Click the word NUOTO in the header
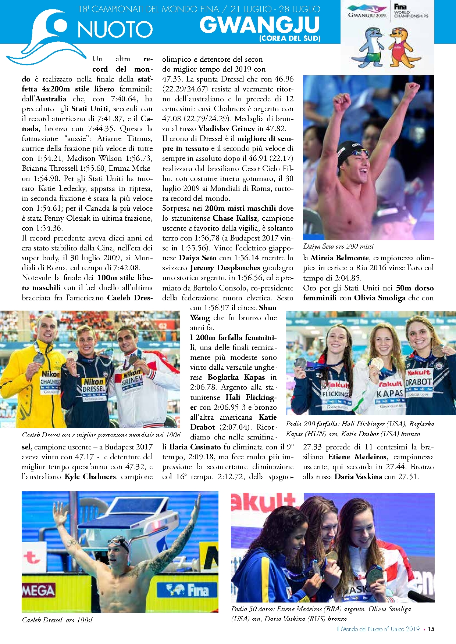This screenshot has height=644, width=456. coord(115,29)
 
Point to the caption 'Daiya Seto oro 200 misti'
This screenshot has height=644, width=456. coord(338,246)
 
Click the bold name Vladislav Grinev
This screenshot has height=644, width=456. coord(227,129)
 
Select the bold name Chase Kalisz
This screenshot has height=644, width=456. coord(235,218)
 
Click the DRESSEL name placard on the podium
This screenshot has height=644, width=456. coord(94,389)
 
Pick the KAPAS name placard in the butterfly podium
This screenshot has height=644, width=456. coord(389,394)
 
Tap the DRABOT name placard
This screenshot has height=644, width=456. coord(418,382)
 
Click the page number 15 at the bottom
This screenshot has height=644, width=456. coord(431,629)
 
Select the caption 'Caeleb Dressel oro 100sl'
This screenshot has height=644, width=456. coord(57,620)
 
